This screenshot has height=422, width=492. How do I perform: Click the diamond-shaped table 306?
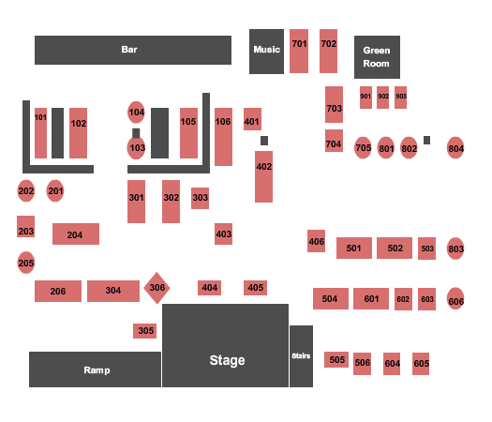click(157, 288)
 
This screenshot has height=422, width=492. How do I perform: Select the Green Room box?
click(377, 57)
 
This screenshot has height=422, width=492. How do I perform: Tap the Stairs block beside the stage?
click(301, 356)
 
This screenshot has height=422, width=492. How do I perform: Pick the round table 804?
click(455, 147)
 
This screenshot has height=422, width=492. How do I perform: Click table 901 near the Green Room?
click(365, 98)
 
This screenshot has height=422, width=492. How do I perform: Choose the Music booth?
click(266, 52)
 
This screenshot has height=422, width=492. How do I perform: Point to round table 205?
click(25, 263)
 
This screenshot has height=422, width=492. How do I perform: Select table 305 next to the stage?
click(144, 331)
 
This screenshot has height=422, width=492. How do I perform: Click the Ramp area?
click(95, 369)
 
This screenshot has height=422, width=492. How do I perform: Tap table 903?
click(401, 98)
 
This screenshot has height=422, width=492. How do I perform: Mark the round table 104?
click(136, 113)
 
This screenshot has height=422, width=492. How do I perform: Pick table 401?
click(252, 119)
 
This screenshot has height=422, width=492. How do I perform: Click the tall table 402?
click(263, 176)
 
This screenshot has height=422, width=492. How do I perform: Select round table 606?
click(455, 298)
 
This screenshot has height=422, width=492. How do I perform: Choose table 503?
click(426, 249)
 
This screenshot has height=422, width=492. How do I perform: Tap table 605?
click(421, 364)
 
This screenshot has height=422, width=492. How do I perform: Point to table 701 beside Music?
click(299, 52)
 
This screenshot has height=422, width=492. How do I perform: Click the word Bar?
click(129, 50)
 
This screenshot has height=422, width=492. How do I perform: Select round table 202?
click(25, 191)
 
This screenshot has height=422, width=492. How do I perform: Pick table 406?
click(317, 241)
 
